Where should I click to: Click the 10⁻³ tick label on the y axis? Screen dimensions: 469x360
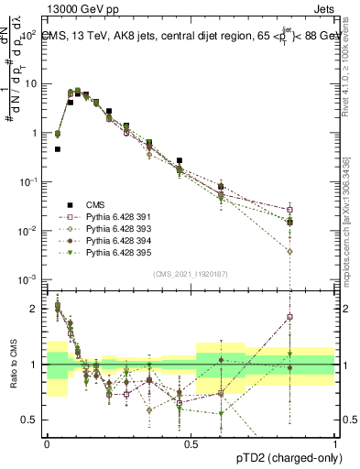[x=27, y=278]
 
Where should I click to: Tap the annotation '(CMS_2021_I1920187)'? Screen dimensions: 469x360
[x=191, y=273]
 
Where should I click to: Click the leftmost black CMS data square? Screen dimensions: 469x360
[x=58, y=148]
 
